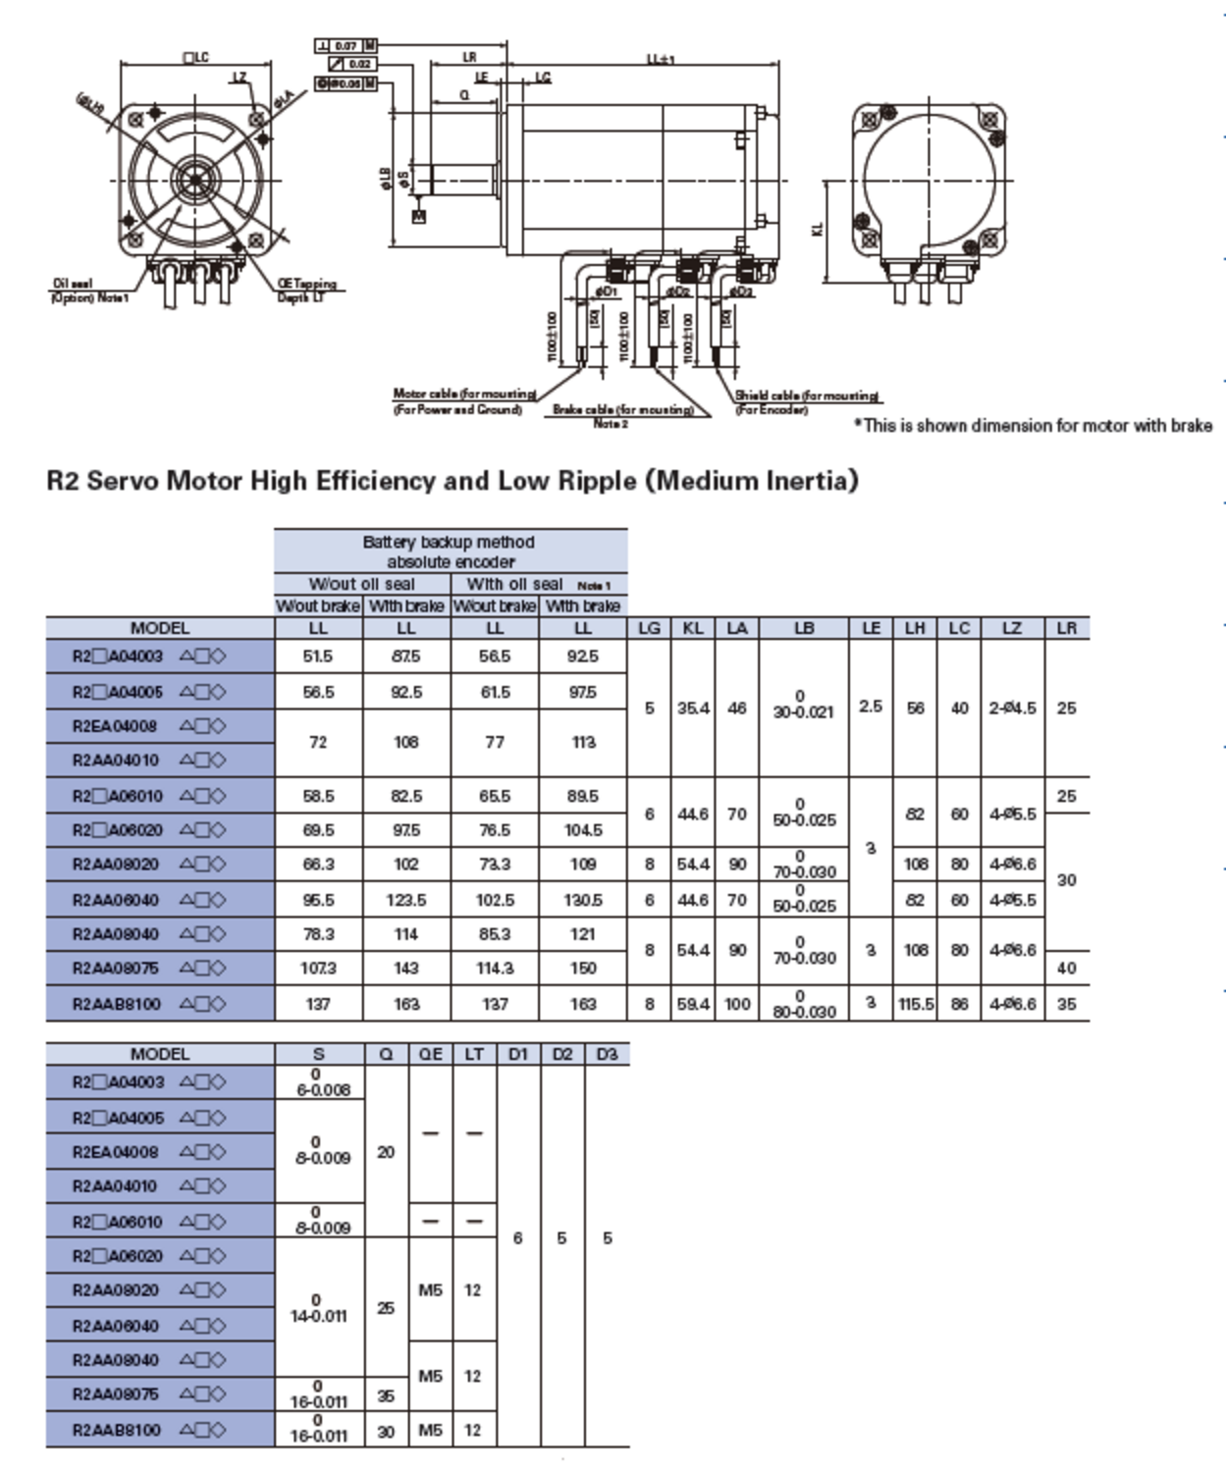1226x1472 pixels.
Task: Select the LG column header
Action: tap(649, 628)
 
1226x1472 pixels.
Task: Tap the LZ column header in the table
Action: tap(1012, 628)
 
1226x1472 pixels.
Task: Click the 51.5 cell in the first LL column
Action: tap(318, 657)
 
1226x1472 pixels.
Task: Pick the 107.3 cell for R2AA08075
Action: tap(318, 969)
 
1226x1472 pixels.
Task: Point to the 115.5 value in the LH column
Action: tap(915, 1004)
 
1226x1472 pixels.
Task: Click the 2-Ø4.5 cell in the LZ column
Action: tap(1012, 708)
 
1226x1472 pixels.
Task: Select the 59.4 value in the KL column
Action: tap(693, 1004)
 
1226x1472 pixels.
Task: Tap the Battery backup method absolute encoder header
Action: tap(450, 552)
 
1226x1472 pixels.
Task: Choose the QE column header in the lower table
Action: tap(430, 1054)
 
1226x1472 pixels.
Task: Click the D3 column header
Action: tap(607, 1054)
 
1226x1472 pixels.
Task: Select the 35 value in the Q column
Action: tap(386, 1395)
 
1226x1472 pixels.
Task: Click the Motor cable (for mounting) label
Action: tap(463, 394)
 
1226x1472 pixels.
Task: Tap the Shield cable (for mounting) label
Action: tap(807, 396)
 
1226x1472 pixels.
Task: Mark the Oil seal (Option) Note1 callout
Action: tap(88, 290)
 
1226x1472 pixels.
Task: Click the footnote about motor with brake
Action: tap(1034, 426)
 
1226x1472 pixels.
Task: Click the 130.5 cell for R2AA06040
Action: tap(583, 900)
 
